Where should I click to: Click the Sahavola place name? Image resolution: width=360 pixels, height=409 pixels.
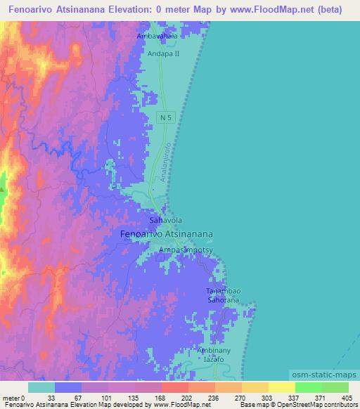(166, 220)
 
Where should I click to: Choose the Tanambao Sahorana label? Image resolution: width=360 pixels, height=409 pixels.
(223, 295)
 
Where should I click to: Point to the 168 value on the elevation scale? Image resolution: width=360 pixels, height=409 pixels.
(147, 398)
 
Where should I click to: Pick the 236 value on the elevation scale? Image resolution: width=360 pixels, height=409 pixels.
(200, 398)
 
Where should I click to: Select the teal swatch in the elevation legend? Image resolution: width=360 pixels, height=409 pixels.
(41, 387)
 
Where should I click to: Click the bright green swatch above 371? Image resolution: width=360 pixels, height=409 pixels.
(308, 387)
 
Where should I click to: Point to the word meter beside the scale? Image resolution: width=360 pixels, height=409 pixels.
(11, 398)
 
